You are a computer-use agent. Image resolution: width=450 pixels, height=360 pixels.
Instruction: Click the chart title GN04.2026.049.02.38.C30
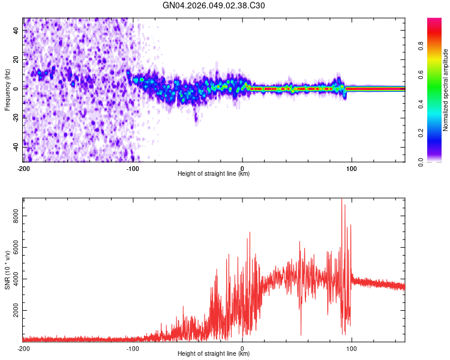click(x=214, y=5)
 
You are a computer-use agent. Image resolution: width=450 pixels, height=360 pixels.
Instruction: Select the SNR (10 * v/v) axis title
click(x=7, y=269)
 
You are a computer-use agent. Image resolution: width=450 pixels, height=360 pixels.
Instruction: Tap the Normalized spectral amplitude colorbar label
click(x=445, y=90)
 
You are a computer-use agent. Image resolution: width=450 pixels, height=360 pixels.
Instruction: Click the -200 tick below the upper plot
click(x=23, y=168)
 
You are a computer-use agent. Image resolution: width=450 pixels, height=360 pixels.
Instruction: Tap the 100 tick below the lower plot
click(x=352, y=348)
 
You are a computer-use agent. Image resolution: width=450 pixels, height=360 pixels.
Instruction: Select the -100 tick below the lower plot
click(x=133, y=348)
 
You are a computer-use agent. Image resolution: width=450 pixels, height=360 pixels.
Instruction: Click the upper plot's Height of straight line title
click(x=214, y=174)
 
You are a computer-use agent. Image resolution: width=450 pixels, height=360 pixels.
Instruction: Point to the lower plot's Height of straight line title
click(x=214, y=354)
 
